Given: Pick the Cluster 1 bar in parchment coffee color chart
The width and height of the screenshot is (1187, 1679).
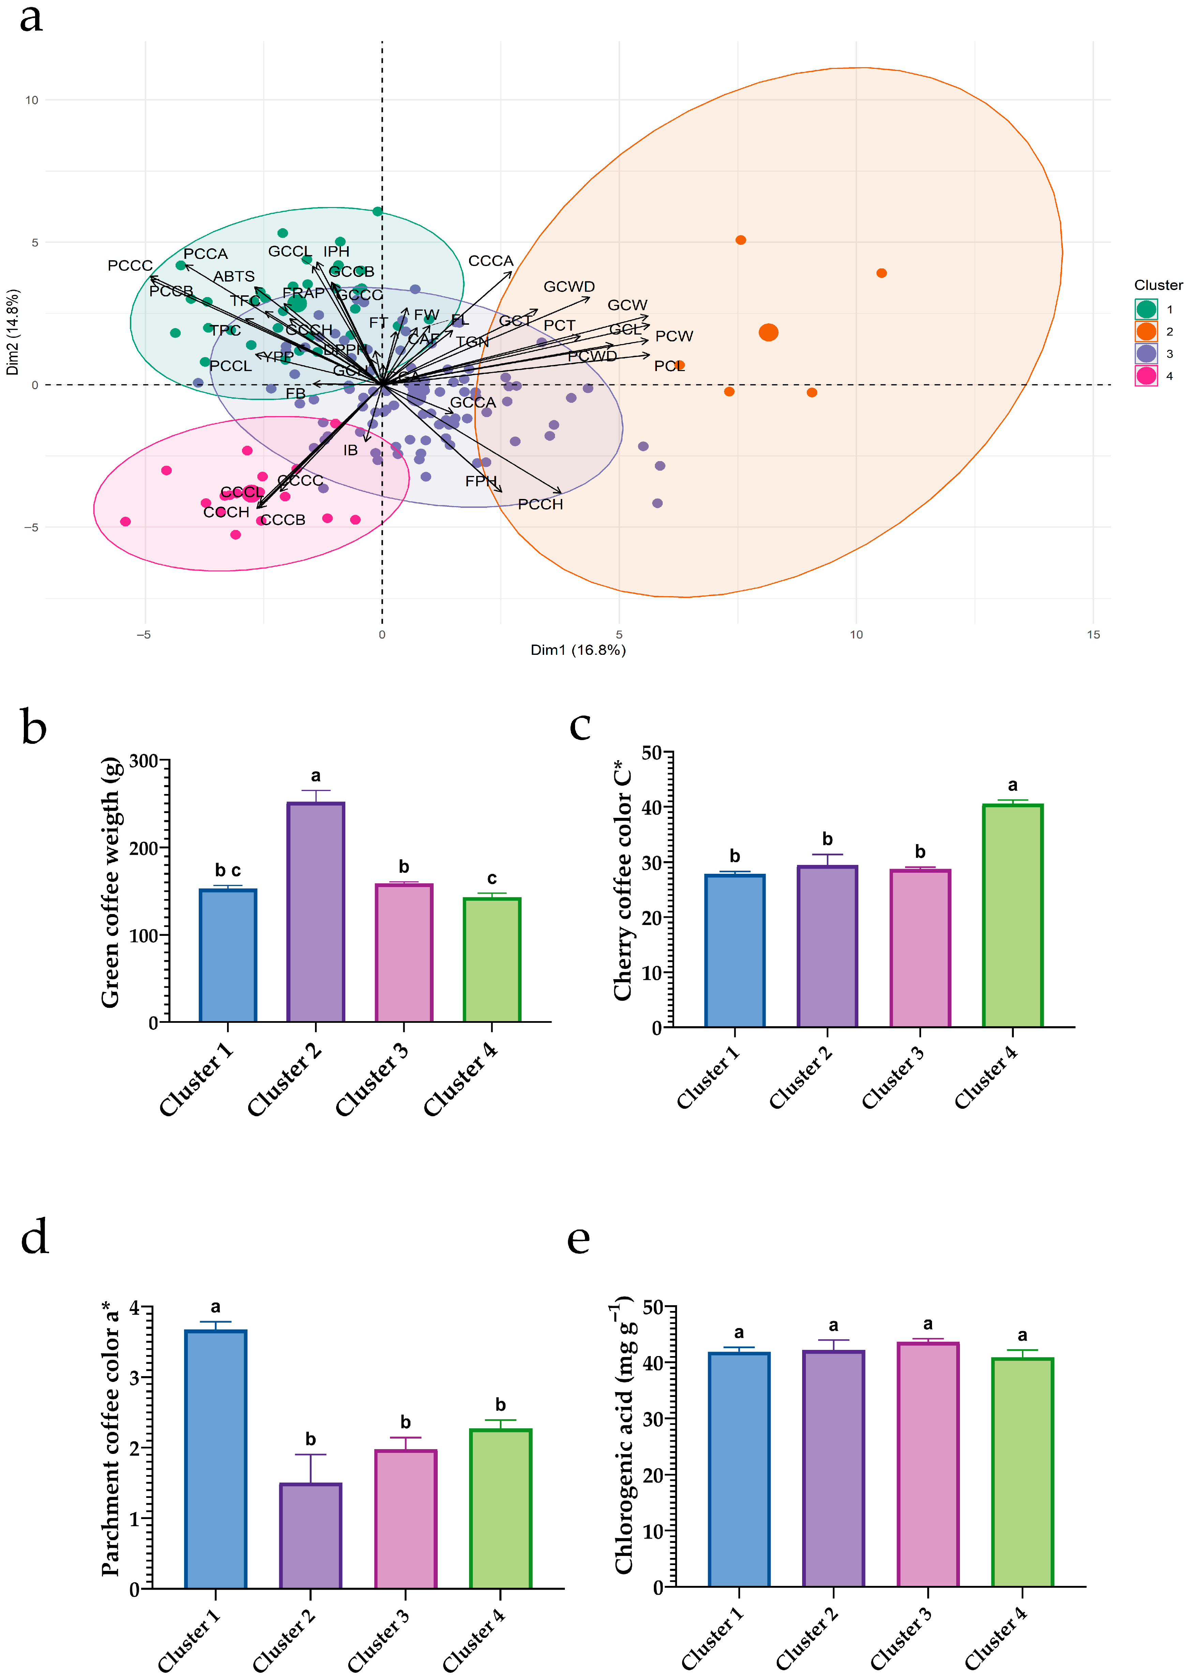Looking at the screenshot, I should coord(216,1459).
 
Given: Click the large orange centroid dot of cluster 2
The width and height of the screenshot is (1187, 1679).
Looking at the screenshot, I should coord(768,333).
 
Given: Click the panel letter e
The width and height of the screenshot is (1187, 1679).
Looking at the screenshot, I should coord(578,1239).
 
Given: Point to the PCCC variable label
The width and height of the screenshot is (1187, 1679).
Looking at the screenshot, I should coord(130,265).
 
